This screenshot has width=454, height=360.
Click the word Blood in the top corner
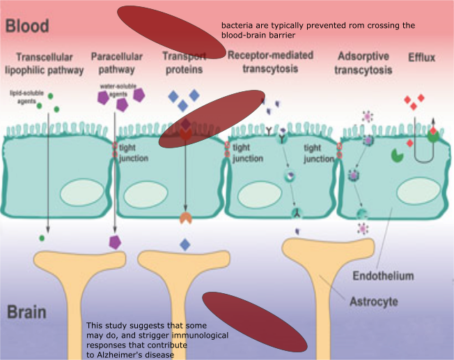27,26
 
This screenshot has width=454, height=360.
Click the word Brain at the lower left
27,311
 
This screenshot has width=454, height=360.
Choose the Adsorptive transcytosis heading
363,62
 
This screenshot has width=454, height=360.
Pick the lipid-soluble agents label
24,96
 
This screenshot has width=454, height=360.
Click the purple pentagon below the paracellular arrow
116,242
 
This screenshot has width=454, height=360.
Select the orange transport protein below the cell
185,217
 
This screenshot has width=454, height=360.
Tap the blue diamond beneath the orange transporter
185,244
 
